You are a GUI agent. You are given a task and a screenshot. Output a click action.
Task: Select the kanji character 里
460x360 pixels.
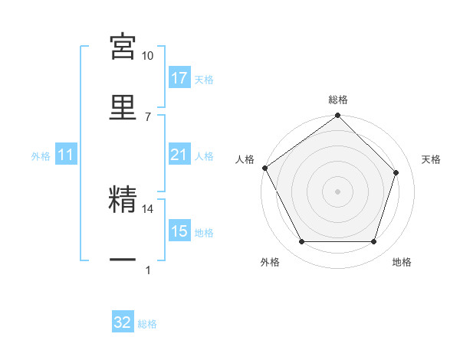tap(123, 106)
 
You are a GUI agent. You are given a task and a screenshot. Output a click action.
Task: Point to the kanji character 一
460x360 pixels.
tap(123, 260)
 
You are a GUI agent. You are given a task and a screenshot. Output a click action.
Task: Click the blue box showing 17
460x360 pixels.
tap(179, 78)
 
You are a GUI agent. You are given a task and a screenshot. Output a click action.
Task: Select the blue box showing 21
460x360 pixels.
tap(179, 155)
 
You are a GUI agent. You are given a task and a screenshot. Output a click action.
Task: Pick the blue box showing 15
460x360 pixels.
tap(179, 232)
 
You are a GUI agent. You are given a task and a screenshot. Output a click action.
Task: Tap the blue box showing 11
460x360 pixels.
tap(66, 155)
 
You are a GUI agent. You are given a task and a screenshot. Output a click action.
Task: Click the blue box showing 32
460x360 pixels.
tap(123, 323)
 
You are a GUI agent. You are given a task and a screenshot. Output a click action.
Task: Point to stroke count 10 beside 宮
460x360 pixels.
tap(148, 56)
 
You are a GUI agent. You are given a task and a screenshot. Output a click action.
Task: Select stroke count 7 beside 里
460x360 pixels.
tap(148, 116)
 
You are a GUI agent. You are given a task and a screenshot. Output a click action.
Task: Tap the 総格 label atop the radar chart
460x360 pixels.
tap(338, 100)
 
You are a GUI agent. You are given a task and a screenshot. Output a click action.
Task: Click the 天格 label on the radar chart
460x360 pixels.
tap(432, 159)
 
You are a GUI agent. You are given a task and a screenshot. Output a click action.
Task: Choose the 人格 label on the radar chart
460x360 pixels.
tap(245, 159)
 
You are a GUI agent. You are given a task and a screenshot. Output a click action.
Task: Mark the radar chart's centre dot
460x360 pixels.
tap(338, 191)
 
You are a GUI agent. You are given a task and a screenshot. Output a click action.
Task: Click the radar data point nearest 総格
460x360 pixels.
tap(338, 116)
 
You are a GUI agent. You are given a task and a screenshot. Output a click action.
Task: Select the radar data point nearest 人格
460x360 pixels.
tap(265, 168)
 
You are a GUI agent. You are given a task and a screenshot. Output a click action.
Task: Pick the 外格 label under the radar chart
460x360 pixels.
tap(270, 262)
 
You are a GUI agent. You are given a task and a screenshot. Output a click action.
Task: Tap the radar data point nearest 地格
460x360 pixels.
tap(374, 242)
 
